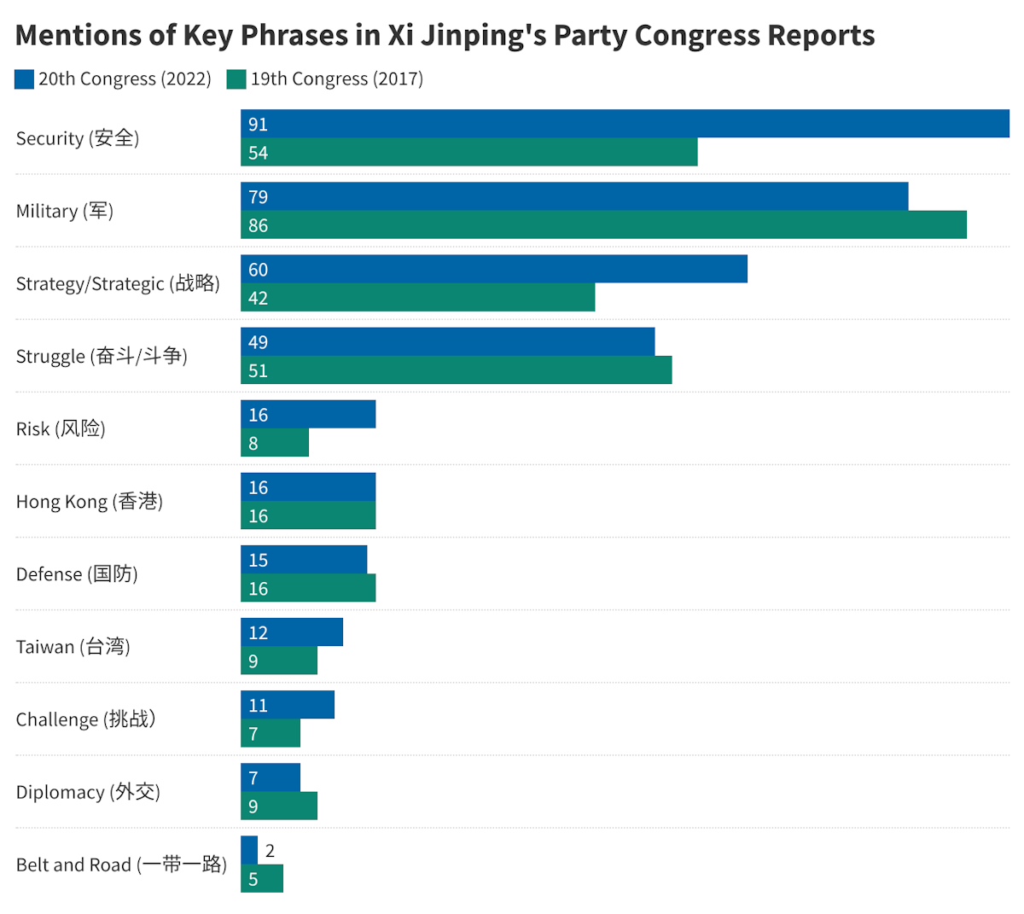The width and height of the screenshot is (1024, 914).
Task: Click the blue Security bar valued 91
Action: coord(625,124)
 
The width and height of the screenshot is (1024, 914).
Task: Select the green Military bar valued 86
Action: coord(603,225)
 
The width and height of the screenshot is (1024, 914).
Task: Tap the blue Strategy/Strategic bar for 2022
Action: coord(493,270)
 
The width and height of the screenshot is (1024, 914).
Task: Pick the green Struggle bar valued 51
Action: coord(456,370)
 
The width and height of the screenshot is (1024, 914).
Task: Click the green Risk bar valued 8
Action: coord(275,443)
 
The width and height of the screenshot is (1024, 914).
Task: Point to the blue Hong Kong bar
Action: coord(308,487)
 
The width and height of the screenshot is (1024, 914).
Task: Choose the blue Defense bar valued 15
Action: coord(304,560)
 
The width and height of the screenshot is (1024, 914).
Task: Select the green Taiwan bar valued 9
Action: coord(279,661)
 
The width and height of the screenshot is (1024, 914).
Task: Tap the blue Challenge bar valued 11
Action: coord(288,705)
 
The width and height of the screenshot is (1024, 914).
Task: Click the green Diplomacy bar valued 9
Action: coord(279,806)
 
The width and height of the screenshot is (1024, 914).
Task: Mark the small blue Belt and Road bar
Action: coord(249,850)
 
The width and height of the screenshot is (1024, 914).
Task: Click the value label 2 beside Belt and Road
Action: coord(270,851)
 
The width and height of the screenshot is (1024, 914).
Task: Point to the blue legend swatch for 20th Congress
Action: coord(24,79)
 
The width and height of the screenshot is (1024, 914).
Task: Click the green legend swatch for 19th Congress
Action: coord(236,79)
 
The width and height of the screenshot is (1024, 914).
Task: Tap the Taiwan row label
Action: coord(73,647)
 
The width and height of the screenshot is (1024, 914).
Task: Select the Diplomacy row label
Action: coord(88,792)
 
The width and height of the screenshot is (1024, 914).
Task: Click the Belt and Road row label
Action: coord(121,865)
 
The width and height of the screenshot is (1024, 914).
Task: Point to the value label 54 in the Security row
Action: coord(258,153)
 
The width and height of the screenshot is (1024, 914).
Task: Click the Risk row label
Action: coord(61,428)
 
